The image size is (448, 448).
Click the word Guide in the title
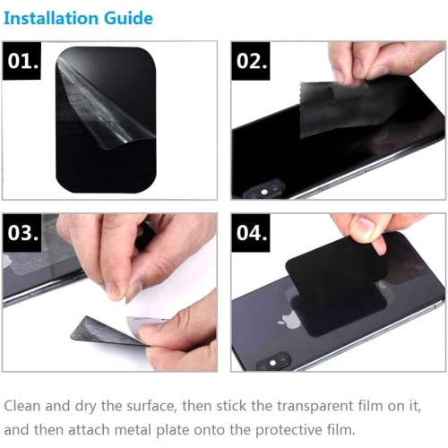tap(129, 18)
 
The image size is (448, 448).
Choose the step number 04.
tap(252, 233)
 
